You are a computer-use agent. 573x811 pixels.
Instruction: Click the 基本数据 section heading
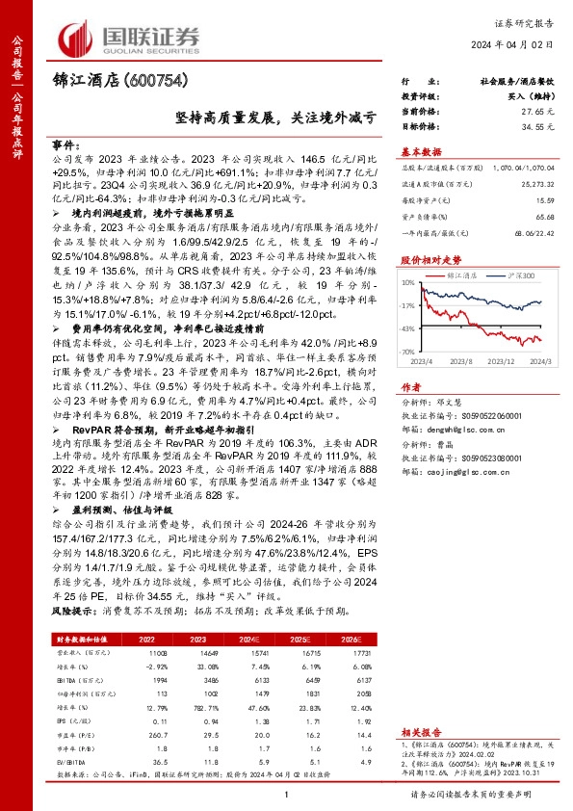coord(421,151)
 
